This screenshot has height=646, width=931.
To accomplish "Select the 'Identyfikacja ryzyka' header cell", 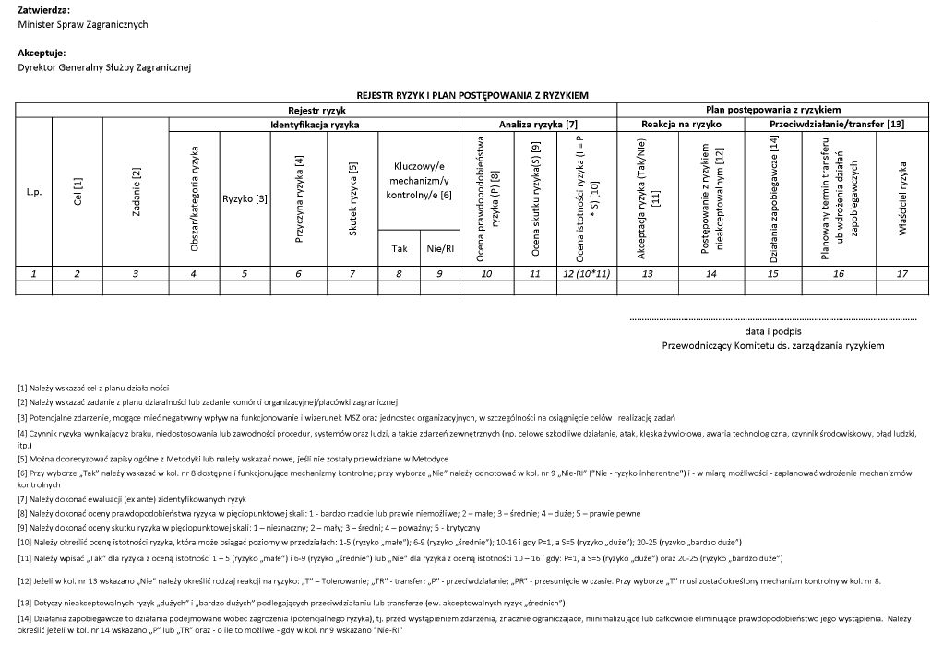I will [x=314, y=124].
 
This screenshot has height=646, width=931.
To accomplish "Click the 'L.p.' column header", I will [x=33, y=194].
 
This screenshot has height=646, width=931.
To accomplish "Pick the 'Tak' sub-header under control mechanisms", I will [x=400, y=248].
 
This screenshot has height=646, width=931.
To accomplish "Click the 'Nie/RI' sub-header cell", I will [x=439, y=248].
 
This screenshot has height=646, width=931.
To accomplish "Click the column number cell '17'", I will [x=902, y=273].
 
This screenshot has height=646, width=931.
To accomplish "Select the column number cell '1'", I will [x=33, y=273].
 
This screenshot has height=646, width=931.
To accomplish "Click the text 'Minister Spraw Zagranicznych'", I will [x=83, y=24].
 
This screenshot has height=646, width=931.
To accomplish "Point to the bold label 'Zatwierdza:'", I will [x=43, y=9].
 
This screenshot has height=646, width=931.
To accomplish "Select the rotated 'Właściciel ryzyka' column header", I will [x=902, y=197].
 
